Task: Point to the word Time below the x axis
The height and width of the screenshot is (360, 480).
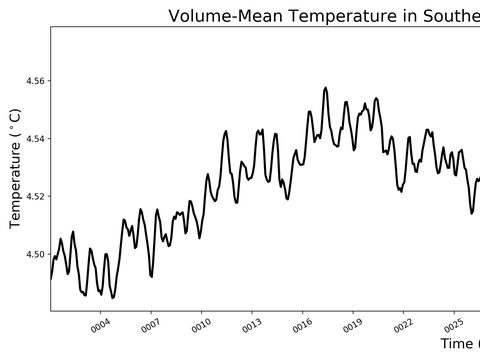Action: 458,344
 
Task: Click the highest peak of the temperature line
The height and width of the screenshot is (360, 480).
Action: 326,88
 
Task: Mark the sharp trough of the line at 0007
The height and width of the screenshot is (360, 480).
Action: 151,276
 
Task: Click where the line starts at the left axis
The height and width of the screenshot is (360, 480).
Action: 51,278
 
